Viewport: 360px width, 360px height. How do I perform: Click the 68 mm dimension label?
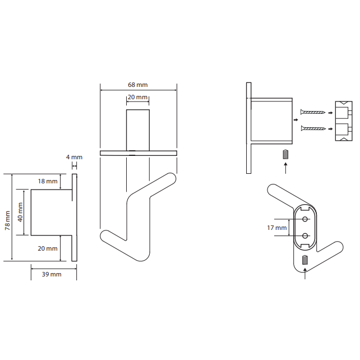click(137, 85)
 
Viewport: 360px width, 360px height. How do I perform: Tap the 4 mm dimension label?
click(74, 157)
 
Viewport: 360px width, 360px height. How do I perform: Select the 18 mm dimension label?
click(48, 181)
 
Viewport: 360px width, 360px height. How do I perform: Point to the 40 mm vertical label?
click(20, 212)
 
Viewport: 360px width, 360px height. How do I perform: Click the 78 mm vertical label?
click(8, 220)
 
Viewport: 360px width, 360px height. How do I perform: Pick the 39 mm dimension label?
click(52, 274)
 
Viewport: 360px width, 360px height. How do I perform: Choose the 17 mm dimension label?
click(277, 228)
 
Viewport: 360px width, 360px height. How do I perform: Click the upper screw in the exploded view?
click(313, 112)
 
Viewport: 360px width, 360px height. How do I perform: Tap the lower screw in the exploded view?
click(313, 128)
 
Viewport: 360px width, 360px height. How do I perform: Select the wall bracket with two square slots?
click(344, 121)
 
